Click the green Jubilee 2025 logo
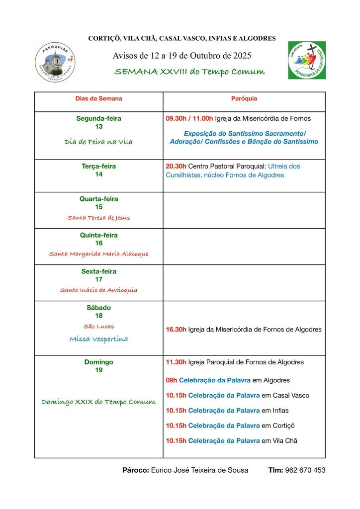[x=307, y=60]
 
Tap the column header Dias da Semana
[x=98, y=99]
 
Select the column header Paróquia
[x=244, y=99]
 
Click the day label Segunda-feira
[x=98, y=119]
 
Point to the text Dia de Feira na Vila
[x=98, y=142]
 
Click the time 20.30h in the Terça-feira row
[x=176, y=167]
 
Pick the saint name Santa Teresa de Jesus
[x=98, y=218]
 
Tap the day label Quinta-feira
[x=98, y=235]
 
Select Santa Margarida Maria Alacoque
[x=98, y=254]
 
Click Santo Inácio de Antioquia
[x=98, y=290]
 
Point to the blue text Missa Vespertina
[x=98, y=339]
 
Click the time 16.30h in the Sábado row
[x=176, y=330]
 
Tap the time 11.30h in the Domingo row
[x=176, y=362]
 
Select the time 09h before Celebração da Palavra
[x=172, y=381]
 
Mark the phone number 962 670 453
[x=305, y=470]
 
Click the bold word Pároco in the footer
[x=135, y=470]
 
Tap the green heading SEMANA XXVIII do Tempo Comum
[x=189, y=72]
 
